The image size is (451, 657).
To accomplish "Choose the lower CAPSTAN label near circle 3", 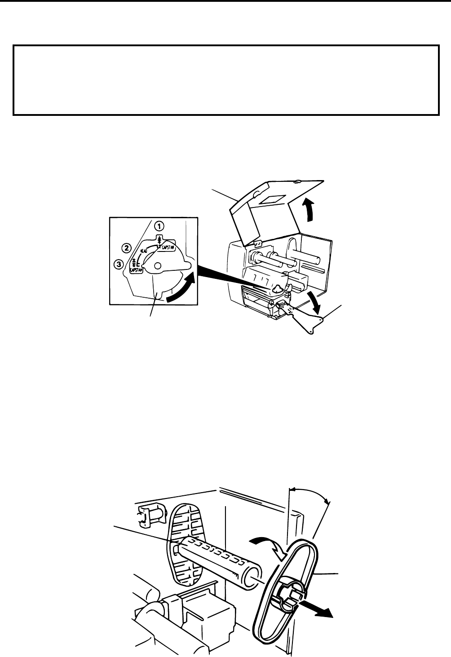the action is point(136,270).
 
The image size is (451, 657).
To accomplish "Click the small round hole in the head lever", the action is point(157,266).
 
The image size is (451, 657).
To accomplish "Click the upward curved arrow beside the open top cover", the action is point(309,210).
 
